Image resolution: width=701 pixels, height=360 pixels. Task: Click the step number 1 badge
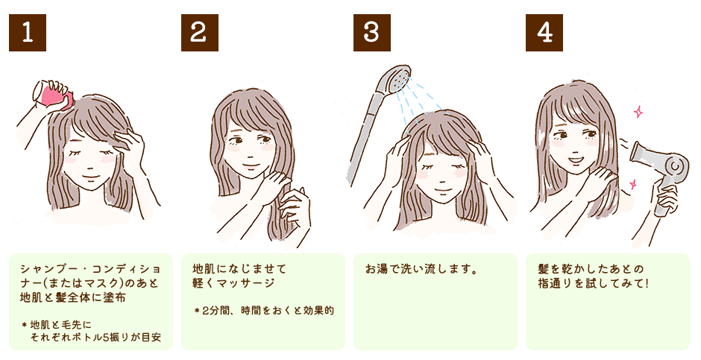(28, 33)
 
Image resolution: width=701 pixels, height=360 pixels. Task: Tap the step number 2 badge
(199, 33)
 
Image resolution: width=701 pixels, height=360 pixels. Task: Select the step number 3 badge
(371, 33)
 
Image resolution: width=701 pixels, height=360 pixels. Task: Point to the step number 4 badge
(544, 33)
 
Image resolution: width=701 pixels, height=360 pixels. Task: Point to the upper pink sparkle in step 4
(638, 112)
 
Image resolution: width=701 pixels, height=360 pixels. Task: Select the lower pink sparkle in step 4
(632, 184)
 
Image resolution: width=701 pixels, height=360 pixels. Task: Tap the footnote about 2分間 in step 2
(264, 310)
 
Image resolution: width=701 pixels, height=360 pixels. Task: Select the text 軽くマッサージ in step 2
(233, 283)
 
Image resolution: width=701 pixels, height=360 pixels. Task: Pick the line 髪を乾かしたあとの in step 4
(591, 269)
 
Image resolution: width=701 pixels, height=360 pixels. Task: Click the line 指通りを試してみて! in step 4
(593, 283)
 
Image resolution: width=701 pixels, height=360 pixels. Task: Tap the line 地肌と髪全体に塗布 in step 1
(73, 297)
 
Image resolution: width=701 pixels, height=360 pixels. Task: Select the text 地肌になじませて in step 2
(239, 269)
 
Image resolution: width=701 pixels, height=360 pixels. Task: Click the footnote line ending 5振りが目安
(95, 338)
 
